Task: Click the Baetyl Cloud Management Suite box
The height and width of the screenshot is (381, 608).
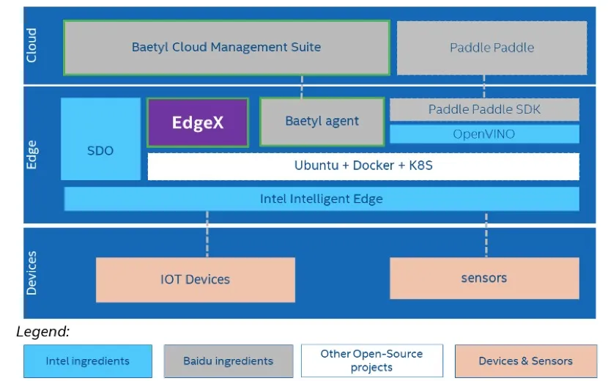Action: [x=227, y=48]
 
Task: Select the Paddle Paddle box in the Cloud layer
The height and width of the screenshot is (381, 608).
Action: [x=492, y=48]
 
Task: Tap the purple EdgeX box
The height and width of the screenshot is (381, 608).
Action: [x=198, y=122]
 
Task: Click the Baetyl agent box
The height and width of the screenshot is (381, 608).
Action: [x=322, y=122]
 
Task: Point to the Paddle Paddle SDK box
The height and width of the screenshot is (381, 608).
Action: [x=484, y=109]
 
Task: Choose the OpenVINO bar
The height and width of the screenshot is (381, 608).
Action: [x=484, y=134]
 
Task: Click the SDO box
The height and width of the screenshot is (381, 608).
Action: [x=100, y=139]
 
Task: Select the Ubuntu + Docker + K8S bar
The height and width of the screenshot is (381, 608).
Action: [x=363, y=166]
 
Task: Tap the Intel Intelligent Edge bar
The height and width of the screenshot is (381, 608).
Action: [x=322, y=199]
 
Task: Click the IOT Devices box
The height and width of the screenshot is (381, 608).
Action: [x=196, y=280]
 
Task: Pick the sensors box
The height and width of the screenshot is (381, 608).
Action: [x=484, y=278]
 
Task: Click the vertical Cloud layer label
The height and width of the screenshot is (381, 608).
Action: [x=31, y=45]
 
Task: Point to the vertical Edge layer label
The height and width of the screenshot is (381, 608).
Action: [x=31, y=155]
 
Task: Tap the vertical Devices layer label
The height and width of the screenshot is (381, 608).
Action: [x=31, y=273]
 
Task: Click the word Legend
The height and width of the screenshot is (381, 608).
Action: [x=42, y=332]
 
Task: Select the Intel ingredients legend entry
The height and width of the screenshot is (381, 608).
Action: [x=88, y=361]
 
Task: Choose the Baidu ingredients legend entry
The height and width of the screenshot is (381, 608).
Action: [x=229, y=361]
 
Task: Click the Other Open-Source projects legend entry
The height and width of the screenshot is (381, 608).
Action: [x=372, y=360]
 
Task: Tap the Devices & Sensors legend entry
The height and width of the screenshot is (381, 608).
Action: [x=526, y=361]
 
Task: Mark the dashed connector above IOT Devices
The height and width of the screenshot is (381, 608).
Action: [x=207, y=234]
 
